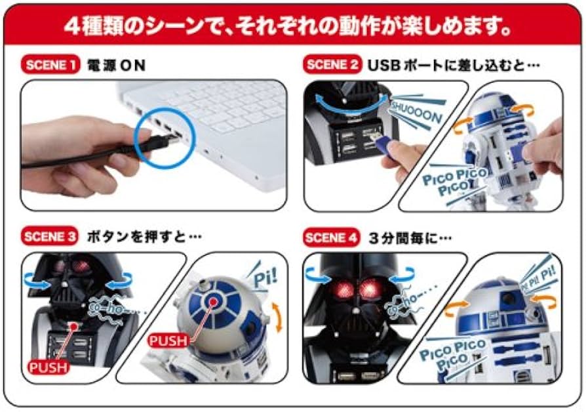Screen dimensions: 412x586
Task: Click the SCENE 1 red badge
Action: click(50, 65)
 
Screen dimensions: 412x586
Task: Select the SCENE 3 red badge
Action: click(50, 236)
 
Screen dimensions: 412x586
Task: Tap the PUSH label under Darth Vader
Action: click(48, 367)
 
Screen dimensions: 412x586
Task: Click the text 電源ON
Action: click(115, 65)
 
